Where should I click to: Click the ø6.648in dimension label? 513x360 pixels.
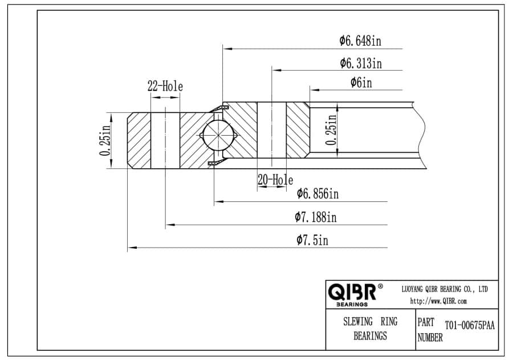(360, 41)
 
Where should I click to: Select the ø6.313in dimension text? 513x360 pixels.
(360, 63)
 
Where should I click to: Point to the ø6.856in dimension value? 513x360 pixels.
(317, 195)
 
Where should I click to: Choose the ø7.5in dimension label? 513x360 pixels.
(312, 240)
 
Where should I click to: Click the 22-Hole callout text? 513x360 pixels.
(165, 87)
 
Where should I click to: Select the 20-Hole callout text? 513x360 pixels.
(275, 180)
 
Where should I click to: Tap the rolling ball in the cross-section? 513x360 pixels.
(218, 136)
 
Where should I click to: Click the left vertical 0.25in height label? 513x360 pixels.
(105, 140)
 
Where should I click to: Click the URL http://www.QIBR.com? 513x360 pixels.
(438, 301)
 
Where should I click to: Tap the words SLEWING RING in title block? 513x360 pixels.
(370, 322)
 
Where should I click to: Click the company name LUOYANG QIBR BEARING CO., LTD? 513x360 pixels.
(445, 289)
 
